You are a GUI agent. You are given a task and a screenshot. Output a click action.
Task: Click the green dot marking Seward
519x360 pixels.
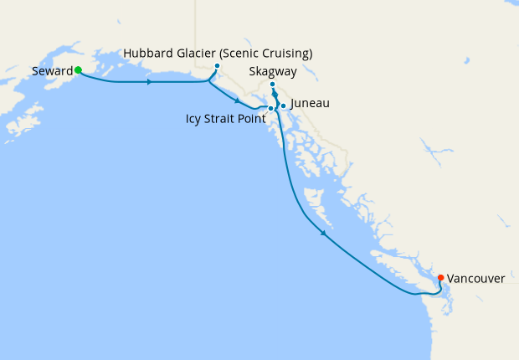coord(78,70)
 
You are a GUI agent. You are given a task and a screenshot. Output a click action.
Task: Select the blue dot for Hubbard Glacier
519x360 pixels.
coord(217,66)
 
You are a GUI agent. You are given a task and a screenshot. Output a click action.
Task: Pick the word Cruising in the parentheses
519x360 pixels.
coord(285,54)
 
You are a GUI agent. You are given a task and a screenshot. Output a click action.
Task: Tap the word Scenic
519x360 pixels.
coord(243,54)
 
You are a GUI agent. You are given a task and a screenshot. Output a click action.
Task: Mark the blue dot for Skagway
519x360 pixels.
coord(273,85)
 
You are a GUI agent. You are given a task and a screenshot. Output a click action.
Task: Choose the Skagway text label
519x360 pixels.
coord(272,72)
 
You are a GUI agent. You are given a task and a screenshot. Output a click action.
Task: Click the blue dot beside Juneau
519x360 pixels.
coord(283,105)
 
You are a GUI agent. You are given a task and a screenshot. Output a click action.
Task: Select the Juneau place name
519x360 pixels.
coord(310,104)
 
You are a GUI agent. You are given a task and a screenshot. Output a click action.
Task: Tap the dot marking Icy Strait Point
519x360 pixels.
coord(270,109)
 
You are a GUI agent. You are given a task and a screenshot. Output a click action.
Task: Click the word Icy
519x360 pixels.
coord(194,119)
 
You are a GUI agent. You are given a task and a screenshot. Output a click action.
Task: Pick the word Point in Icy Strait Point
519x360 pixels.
coord(252,119)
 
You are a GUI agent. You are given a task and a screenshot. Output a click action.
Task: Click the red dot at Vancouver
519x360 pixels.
coord(441,278)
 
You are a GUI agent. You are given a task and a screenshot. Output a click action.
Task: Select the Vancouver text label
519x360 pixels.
coord(475,278)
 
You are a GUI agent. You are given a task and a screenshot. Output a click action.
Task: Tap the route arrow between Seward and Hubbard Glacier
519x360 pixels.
coord(149,82)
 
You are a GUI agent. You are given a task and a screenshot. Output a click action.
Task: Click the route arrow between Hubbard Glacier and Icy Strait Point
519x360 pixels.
coord(239,101)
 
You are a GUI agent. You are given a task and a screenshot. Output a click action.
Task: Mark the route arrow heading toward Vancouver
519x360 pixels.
coord(323,234)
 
